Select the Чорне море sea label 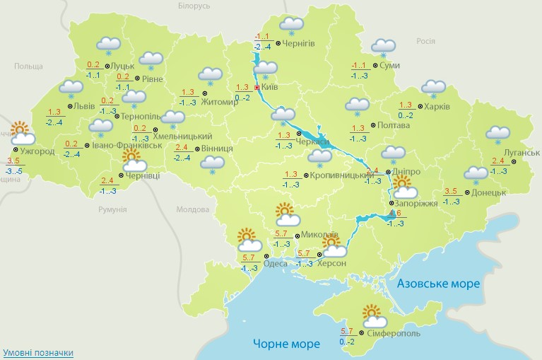(286, 344)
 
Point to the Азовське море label (438, 283)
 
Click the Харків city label (435, 108)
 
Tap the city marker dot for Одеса (266, 256)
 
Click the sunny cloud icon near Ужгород (20, 132)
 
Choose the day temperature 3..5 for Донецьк (452, 191)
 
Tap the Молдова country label (193, 210)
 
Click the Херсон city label (331, 263)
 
